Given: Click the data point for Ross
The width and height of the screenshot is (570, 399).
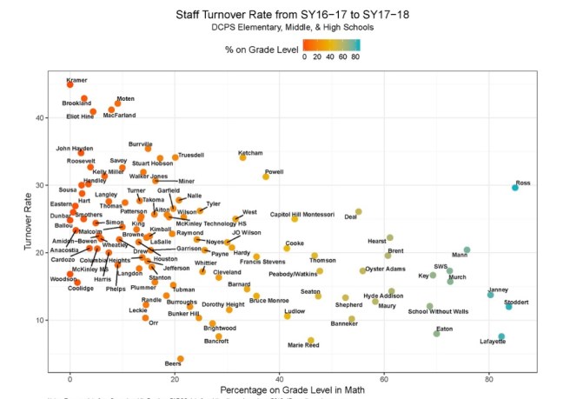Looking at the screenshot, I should pos(515,188).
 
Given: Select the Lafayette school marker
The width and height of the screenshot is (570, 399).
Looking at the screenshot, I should pos(501,336).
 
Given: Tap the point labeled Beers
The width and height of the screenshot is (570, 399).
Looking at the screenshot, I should pos(181,358).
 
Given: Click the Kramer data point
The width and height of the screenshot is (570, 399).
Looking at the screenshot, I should pos(70,84).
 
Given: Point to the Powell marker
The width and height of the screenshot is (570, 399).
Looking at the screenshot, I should pos(266,176).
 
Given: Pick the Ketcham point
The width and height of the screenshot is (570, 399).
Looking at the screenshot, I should pos(243,157).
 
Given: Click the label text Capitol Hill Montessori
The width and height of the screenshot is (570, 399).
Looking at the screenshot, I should pos(302,214).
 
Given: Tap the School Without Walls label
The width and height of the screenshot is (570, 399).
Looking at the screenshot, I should pos(438,311).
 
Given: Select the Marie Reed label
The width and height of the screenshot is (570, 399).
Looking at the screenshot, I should pos(303,345).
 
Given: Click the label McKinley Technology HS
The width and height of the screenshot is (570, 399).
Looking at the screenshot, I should pos(211,223).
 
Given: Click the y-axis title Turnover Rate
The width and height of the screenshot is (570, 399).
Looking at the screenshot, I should pos(29,224).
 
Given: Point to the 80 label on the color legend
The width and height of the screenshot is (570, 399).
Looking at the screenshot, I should pos(355,57).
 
